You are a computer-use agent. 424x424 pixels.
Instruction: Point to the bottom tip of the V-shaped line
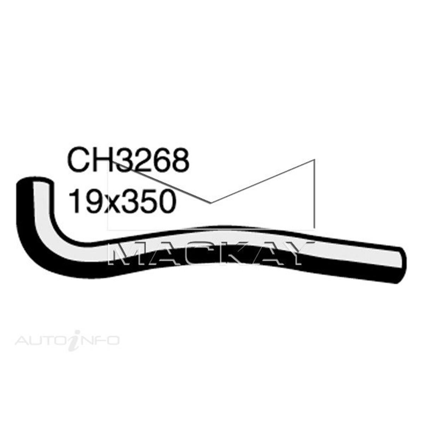click(x=211, y=203)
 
